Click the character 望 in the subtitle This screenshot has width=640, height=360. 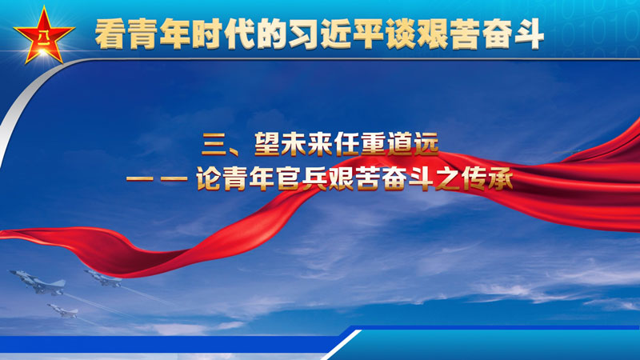pyautogui.click(x=267, y=144)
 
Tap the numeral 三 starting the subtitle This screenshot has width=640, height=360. pyautogui.click(x=214, y=145)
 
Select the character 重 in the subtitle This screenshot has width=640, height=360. pyautogui.click(x=374, y=144)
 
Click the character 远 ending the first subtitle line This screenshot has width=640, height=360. pyautogui.click(x=426, y=144)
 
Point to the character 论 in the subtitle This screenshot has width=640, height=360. pyautogui.click(x=209, y=178)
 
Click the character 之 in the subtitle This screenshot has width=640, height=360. pyautogui.click(x=448, y=178)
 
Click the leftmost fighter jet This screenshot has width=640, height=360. pyautogui.click(x=38, y=282)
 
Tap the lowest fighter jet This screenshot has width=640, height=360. pyautogui.click(x=62, y=311)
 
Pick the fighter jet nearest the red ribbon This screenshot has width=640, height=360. pyautogui.click(x=102, y=278)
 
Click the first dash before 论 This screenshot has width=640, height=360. pyautogui.click(x=139, y=178)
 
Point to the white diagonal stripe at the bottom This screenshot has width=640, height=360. pyautogui.click(x=342, y=345)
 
